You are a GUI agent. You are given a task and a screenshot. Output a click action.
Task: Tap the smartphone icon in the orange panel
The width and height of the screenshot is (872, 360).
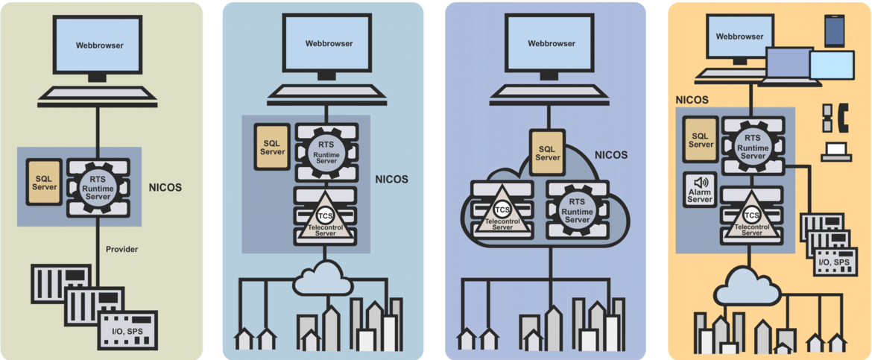(834, 31)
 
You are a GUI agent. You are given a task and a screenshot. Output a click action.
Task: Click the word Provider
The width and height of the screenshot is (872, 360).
(121, 249)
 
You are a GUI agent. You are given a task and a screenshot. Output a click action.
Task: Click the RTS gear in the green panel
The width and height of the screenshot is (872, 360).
(99, 187)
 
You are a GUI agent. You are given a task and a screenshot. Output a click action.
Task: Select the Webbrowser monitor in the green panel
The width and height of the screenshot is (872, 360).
(98, 45)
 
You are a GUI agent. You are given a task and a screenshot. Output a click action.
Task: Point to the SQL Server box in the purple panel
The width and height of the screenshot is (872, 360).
(548, 153)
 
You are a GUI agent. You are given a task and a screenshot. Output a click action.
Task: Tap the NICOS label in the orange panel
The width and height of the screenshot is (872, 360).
(692, 99)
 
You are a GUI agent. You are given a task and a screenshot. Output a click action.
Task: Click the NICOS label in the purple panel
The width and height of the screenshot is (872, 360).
(611, 156)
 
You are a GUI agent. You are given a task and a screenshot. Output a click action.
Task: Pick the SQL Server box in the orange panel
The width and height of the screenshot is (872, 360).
(701, 140)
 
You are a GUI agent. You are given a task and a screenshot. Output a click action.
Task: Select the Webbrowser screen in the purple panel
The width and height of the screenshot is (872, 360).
(552, 43)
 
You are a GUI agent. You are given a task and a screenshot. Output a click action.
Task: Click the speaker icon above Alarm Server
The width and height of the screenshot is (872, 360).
(701, 183)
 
